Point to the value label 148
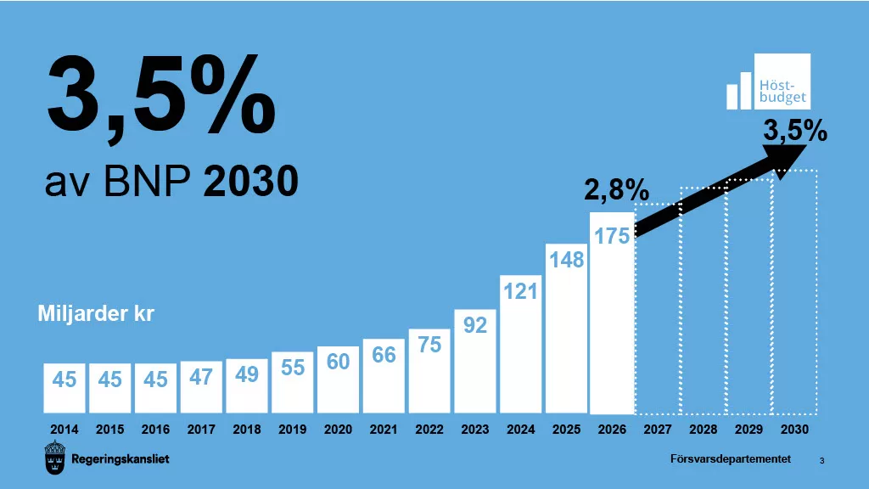coord(566,259)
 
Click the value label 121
coord(520,291)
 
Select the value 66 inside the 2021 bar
coord(384,355)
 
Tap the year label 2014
coord(64,430)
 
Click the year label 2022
coord(429,430)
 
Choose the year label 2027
coord(658,430)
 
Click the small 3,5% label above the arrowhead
coord(795,131)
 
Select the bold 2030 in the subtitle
coord(250,181)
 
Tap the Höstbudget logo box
coord(782,81)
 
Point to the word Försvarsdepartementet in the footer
coord(730,459)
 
